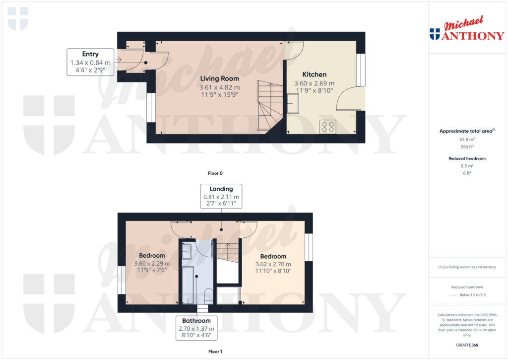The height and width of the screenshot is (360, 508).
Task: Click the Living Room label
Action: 219,78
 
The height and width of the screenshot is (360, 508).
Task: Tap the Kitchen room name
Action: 315,74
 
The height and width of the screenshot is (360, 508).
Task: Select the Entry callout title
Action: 90,54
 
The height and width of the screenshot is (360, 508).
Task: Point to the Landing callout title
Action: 221,189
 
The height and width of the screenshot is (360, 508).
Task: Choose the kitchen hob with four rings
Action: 328,127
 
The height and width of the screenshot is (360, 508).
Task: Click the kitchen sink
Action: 292,103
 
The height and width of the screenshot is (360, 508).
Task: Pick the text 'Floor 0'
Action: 215,173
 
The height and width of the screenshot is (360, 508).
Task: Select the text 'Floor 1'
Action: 215,352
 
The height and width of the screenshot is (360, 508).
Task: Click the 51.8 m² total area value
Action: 466,140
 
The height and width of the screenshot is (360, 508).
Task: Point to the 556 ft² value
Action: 466,147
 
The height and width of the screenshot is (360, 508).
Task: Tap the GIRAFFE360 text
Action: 466,345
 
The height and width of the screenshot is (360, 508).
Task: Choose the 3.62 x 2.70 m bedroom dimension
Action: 273,264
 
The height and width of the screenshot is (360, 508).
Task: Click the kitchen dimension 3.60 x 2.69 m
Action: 315,83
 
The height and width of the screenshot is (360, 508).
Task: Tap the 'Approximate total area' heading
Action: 466,131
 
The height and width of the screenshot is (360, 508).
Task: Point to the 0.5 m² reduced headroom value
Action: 466,165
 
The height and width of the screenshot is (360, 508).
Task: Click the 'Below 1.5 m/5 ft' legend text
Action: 473,294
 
